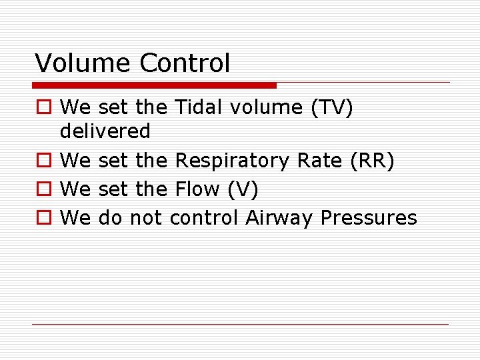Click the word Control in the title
(x=185, y=63)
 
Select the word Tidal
(x=195, y=107)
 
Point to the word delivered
(x=105, y=131)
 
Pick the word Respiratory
(x=232, y=161)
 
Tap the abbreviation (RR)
(x=372, y=161)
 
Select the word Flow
(x=197, y=189)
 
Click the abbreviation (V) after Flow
(x=243, y=190)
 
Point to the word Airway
(x=280, y=218)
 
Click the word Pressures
(x=369, y=218)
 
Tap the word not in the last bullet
(x=146, y=218)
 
